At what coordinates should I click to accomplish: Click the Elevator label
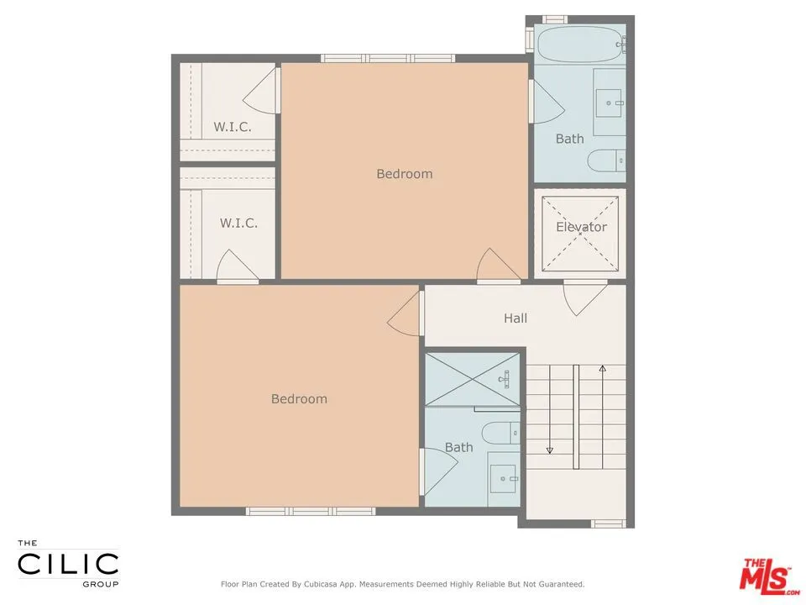(581, 227)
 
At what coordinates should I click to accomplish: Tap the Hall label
(516, 318)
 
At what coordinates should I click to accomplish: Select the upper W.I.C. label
(233, 127)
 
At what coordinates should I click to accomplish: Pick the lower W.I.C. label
(238, 223)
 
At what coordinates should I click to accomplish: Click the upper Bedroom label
(404, 174)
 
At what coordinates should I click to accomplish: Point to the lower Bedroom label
(299, 398)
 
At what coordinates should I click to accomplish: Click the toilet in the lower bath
(504, 433)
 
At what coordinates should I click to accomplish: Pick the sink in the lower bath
(505, 479)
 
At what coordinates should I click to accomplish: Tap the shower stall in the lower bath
(473, 380)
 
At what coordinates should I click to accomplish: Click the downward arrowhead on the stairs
(550, 450)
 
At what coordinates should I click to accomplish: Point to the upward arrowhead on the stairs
(602, 368)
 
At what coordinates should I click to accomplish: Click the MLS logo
(764, 575)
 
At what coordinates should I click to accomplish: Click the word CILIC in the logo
(68, 563)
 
